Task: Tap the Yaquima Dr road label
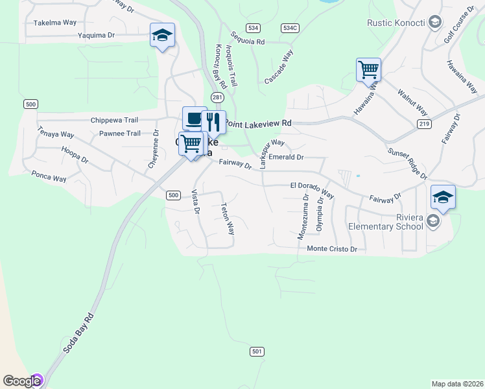pyautogui.click(x=96, y=36)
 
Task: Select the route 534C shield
pyautogui.click(x=290, y=28)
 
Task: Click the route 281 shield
pyautogui.click(x=217, y=97)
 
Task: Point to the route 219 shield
pyautogui.click(x=424, y=124)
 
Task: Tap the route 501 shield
pyautogui.click(x=257, y=351)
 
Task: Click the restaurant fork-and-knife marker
pyautogui.click(x=213, y=121)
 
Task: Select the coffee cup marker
pyautogui.click(x=194, y=118)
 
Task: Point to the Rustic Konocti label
pyautogui.click(x=396, y=23)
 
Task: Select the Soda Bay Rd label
pyautogui.click(x=79, y=333)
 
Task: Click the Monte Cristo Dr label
pyautogui.click(x=332, y=249)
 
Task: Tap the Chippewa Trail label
pyautogui.click(x=115, y=120)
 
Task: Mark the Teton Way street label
pyautogui.click(x=228, y=220)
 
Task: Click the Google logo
pyautogui.click(x=23, y=381)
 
